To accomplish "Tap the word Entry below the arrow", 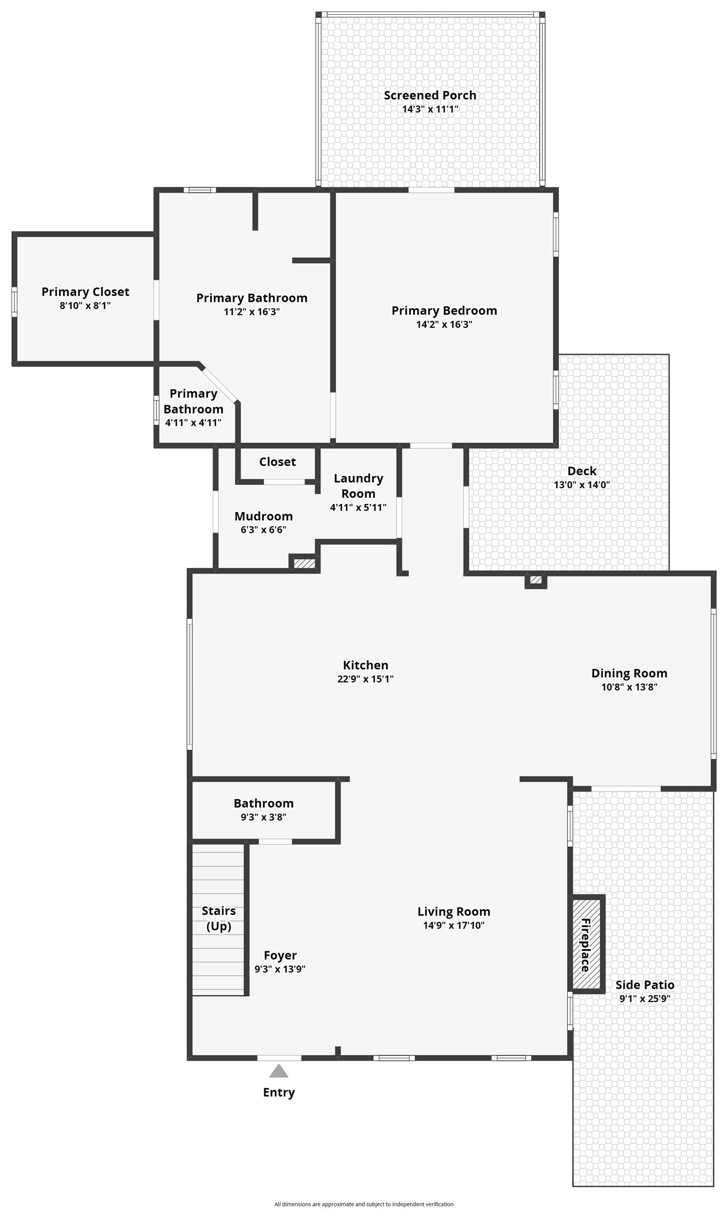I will click(x=279, y=1092).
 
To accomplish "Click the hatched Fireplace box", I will click(x=586, y=944).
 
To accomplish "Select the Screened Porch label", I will click(x=430, y=95).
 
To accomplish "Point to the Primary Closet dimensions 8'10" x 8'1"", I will click(x=85, y=306).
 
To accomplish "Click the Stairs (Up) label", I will click(x=219, y=918).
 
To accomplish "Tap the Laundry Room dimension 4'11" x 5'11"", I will click(x=358, y=507).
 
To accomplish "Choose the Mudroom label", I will click(x=264, y=516).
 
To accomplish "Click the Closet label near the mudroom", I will click(x=277, y=462).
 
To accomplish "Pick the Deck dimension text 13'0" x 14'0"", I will click(x=582, y=485).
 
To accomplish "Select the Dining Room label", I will click(x=629, y=673).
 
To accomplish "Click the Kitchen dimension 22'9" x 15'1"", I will click(x=366, y=679).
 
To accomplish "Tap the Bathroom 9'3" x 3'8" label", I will click(x=264, y=803).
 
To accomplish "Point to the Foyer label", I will click(x=280, y=955).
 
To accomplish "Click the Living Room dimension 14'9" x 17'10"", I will click(x=454, y=925).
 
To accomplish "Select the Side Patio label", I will click(x=645, y=985).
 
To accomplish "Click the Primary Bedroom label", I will click(x=444, y=310).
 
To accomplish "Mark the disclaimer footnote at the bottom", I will click(x=364, y=1204).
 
